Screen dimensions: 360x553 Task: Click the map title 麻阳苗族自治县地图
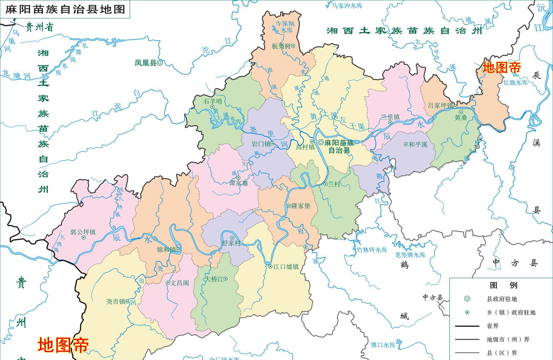click(x=65, y=9)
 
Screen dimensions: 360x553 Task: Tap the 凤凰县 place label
click(x=146, y=63)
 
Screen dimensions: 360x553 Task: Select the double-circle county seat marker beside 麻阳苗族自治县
click(x=321, y=142)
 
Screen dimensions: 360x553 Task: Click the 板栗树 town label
click(x=281, y=46)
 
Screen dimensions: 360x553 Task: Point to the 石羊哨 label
click(x=213, y=101)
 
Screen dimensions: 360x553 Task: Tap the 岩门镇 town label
click(x=261, y=144)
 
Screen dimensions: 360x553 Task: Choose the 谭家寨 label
click(x=238, y=183)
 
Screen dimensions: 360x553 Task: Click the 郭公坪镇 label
click(x=83, y=232)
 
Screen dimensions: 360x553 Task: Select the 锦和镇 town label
click(x=166, y=250)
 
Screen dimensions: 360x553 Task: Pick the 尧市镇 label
click(x=116, y=301)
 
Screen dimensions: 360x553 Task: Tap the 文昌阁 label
click(x=180, y=283)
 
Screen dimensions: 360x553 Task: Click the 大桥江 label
click(x=215, y=279)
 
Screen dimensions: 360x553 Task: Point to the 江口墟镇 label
click(x=286, y=267)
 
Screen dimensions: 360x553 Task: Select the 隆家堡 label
click(x=301, y=206)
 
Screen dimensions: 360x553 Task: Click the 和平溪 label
click(x=418, y=144)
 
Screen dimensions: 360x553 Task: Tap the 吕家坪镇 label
click(x=440, y=106)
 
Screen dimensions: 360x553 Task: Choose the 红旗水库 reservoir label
click(x=515, y=83)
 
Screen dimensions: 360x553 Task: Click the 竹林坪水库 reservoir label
click(x=372, y=250)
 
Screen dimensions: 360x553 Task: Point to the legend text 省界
click(x=493, y=326)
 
